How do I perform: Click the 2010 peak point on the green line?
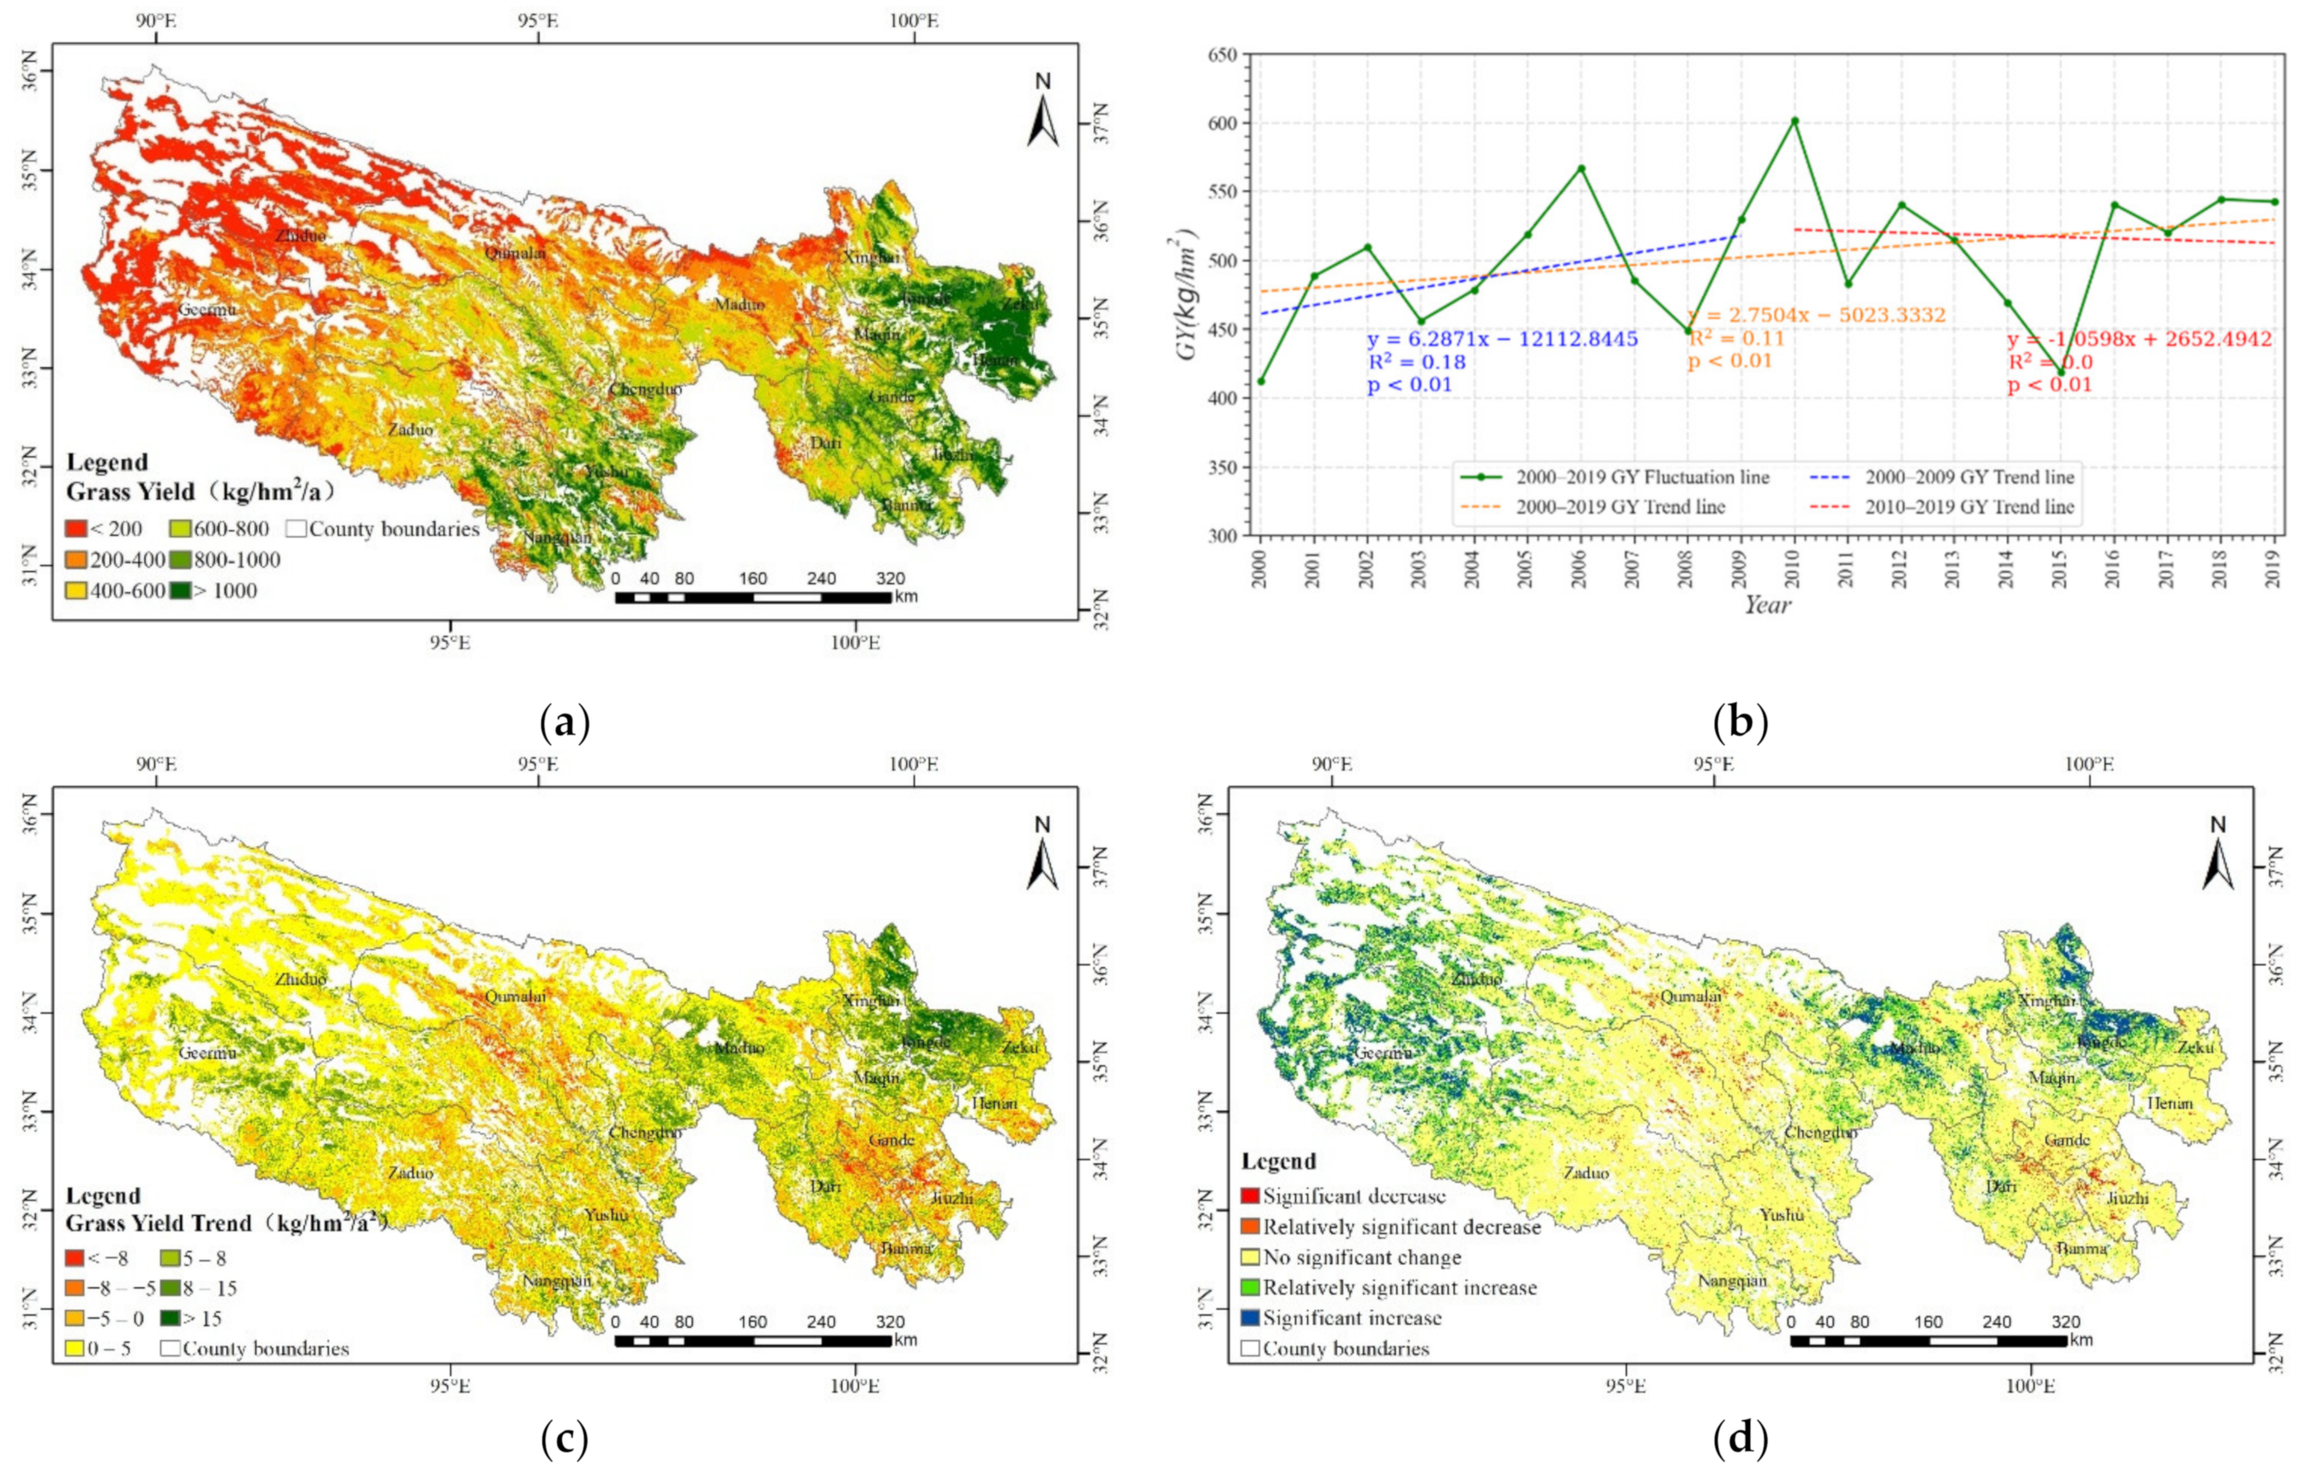(x=1795, y=121)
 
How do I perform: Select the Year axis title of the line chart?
(x=1767, y=604)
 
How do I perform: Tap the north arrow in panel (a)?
(x=1043, y=113)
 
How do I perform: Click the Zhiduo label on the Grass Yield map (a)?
(x=300, y=235)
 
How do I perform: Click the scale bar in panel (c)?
(x=753, y=1341)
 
